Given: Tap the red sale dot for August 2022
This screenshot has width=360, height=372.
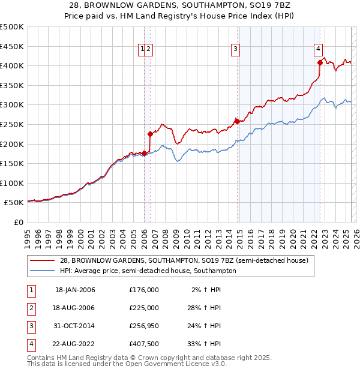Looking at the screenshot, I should point(320,62).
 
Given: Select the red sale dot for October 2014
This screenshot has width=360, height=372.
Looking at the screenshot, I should point(237,121).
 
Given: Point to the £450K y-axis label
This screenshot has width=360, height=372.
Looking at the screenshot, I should point(12,46).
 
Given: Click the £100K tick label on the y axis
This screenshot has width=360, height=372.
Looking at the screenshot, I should point(12,183).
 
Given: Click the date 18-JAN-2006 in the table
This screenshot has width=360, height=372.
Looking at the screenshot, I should point(75,290).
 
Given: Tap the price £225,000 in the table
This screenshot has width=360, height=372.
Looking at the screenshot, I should point(144,308).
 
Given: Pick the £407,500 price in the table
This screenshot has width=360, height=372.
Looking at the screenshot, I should point(144,344).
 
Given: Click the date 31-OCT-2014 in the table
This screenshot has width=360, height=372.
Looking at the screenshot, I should point(75,326).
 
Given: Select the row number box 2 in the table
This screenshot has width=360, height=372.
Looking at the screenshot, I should point(31,308).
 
